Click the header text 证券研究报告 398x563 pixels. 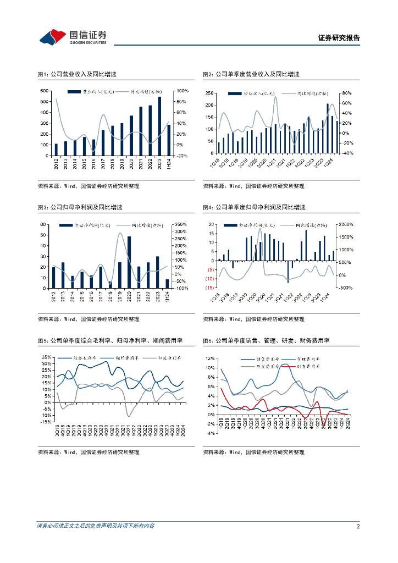click(339, 38)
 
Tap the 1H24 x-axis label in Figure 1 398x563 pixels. click(169, 164)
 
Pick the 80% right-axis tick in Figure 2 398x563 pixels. click(346, 93)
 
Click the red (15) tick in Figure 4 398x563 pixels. click(210, 288)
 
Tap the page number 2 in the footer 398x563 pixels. click(358, 527)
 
